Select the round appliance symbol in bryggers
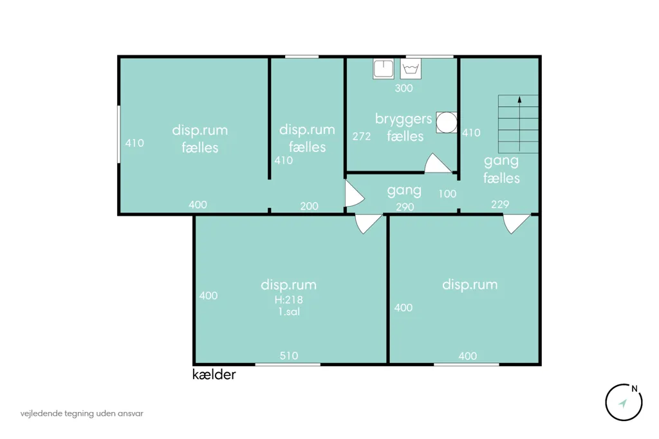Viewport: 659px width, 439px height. pyautogui.click(x=447, y=122)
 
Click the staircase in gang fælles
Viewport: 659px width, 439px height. pyautogui.click(x=518, y=124)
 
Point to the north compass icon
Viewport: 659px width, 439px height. pyautogui.click(x=624, y=402)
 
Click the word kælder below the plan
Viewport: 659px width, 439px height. pyautogui.click(x=214, y=374)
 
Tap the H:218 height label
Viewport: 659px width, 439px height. pyautogui.click(x=289, y=299)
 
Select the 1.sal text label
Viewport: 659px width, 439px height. pyautogui.click(x=289, y=312)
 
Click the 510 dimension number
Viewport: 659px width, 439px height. pyautogui.click(x=289, y=356)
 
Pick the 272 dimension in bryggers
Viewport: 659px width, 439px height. pyautogui.click(x=362, y=136)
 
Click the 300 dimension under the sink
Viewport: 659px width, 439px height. pyautogui.click(x=404, y=88)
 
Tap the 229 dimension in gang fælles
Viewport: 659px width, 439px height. pyautogui.click(x=500, y=204)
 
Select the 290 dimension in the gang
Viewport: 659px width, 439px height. pyautogui.click(x=405, y=207)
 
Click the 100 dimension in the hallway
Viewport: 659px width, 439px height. pyautogui.click(x=447, y=193)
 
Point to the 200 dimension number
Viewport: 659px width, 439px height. pyautogui.click(x=309, y=206)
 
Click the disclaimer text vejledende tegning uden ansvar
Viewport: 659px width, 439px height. pyautogui.click(x=82, y=413)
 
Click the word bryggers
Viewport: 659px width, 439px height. pyautogui.click(x=404, y=120)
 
